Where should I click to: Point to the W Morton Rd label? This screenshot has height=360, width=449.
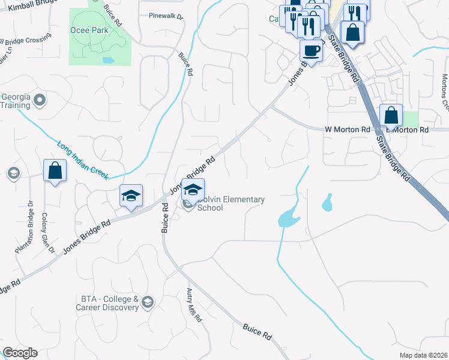point(348,129)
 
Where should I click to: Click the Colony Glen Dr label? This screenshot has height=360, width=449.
point(48,233)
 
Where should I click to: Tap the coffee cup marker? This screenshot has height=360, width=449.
point(311,51)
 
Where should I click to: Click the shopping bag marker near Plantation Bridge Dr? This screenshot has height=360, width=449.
point(55,170)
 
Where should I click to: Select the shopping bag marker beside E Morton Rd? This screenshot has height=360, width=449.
point(390,115)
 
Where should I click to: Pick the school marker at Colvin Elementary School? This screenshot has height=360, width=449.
point(193,190)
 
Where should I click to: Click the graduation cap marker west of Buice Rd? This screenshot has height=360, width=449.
point(131,196)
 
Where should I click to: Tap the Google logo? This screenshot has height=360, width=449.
point(20,353)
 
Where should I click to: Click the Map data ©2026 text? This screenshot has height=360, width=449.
point(423,355)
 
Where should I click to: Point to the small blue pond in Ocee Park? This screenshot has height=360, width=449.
point(108,60)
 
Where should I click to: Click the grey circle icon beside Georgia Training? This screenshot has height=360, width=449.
point(40,100)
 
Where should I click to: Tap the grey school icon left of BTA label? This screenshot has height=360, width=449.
point(148,302)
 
